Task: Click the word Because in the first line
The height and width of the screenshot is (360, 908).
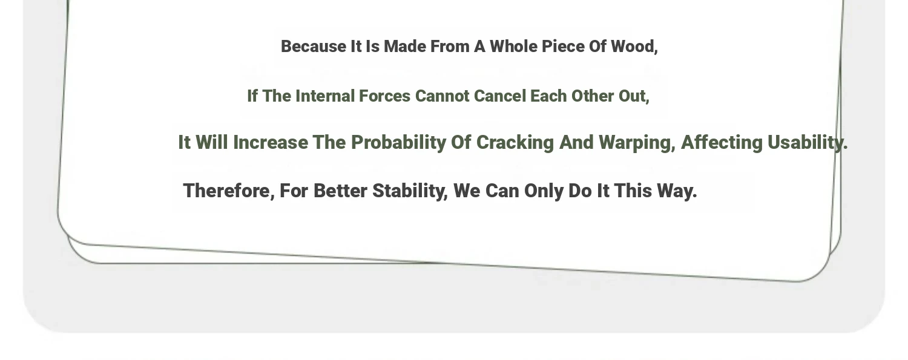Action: [x=314, y=47]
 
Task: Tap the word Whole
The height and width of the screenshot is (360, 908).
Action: [x=513, y=47]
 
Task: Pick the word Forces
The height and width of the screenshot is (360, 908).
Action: [x=384, y=96]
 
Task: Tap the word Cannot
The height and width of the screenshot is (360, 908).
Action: [x=442, y=96]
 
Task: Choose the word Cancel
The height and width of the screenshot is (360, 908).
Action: [x=500, y=96]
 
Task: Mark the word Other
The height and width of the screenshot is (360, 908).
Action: [x=593, y=96]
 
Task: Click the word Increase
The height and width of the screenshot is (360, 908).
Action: [x=271, y=143]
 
